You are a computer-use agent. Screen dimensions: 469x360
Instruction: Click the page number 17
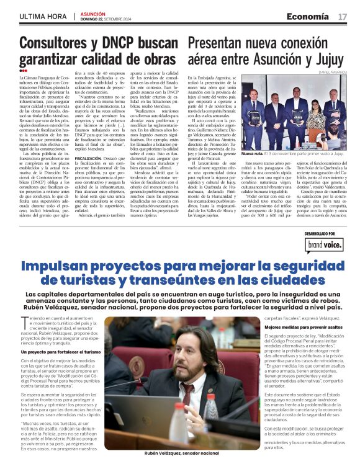(342, 16)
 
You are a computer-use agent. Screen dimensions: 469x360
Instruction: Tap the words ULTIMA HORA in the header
(42, 16)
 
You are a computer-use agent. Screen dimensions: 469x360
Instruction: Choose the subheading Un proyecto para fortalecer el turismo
(61, 352)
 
